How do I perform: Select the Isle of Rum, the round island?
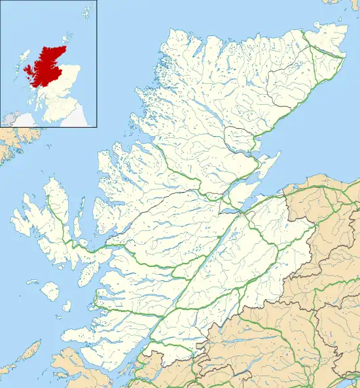48,289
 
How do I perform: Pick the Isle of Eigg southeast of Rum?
67,306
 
